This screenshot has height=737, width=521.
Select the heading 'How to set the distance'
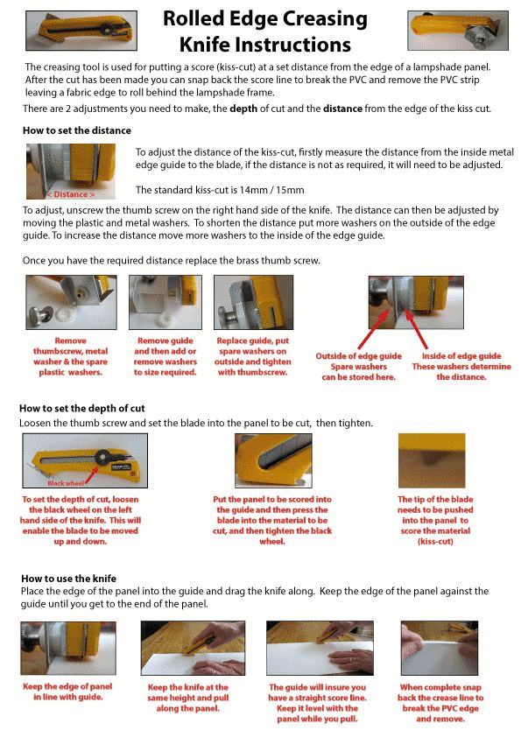(76, 130)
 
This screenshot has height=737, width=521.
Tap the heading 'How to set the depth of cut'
(82, 409)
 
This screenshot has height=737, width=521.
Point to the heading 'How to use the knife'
(68, 579)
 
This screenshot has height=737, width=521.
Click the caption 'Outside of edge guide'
(359, 356)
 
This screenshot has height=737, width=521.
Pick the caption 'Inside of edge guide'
(461, 356)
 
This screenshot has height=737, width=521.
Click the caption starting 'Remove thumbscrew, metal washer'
(72, 356)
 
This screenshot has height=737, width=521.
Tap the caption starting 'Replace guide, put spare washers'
(253, 356)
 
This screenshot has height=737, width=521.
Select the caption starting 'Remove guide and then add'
(165, 356)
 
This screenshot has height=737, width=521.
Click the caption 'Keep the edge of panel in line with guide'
(67, 691)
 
